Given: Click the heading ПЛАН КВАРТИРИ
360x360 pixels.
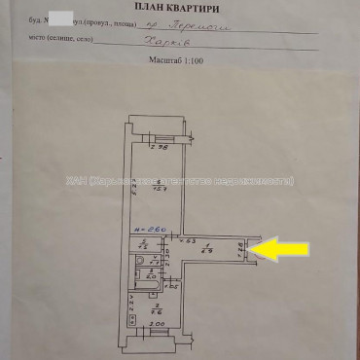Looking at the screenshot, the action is click(180, 7).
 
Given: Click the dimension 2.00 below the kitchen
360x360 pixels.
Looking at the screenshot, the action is click(156, 324).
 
